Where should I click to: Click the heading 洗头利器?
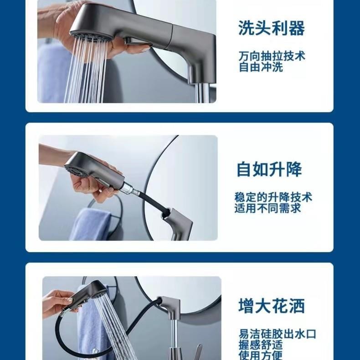tap(271, 28)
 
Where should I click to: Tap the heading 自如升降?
tap(269, 170)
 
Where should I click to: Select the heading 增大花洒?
tap(271, 306)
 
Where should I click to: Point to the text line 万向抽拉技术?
tap(272, 57)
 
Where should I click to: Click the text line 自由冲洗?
tap(261, 67)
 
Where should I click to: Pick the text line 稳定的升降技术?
tap(273, 198)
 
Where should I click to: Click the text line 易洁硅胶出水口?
tap(277, 334)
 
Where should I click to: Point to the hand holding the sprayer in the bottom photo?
tap(57, 303)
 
